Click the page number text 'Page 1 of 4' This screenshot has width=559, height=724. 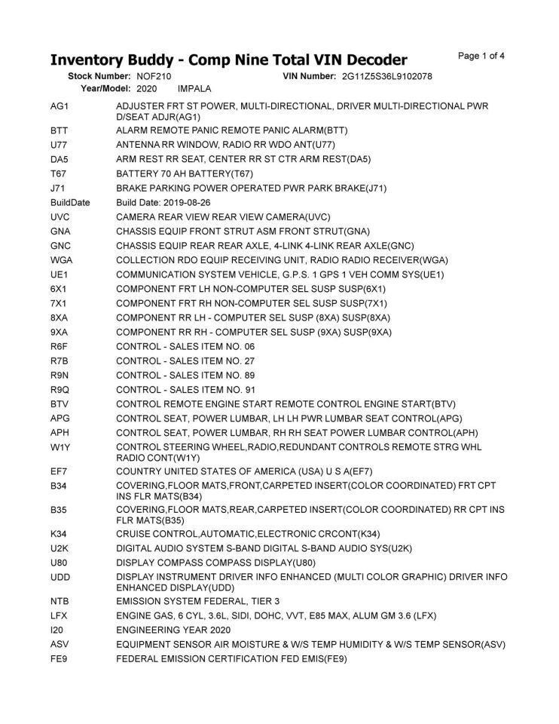(481, 56)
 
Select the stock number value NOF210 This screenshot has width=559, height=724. (154, 76)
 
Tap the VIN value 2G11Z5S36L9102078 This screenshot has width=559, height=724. (386, 76)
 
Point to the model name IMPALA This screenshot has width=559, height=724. (194, 88)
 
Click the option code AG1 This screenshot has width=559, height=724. (60, 106)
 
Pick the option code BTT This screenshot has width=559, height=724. (60, 130)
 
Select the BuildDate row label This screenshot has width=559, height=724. (70, 203)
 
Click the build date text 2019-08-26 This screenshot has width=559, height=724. (185, 203)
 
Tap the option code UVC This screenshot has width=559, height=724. (60, 216)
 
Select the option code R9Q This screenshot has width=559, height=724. (60, 389)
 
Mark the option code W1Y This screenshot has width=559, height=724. (60, 447)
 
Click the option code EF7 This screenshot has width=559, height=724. (60, 471)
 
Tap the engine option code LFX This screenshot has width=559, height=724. (60, 615)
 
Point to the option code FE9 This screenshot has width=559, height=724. (60, 658)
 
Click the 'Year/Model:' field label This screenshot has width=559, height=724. (105, 88)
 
